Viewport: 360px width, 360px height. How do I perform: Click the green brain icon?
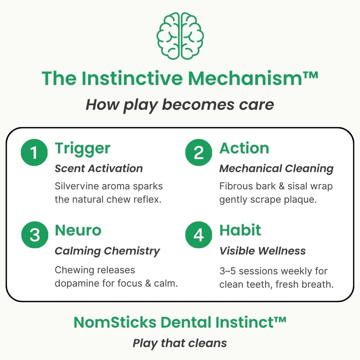click(180, 36)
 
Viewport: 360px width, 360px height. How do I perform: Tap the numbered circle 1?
click(34, 152)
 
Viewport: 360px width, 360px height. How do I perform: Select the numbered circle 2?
click(199, 152)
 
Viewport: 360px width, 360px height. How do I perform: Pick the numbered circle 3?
click(35, 235)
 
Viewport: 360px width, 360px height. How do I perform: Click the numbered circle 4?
click(199, 235)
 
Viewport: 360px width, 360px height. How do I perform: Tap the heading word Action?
click(244, 148)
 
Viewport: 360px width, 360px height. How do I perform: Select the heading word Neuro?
click(78, 230)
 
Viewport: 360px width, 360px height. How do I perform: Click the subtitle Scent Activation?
click(99, 168)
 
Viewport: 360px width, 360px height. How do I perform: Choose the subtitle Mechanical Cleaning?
click(276, 169)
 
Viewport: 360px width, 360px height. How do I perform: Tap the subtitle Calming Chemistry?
click(107, 251)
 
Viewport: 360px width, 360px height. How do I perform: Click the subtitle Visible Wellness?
click(263, 251)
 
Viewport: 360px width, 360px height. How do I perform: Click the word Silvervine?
click(77, 186)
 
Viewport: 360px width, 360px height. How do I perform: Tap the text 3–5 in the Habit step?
click(228, 271)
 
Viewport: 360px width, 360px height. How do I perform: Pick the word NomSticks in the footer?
click(115, 322)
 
